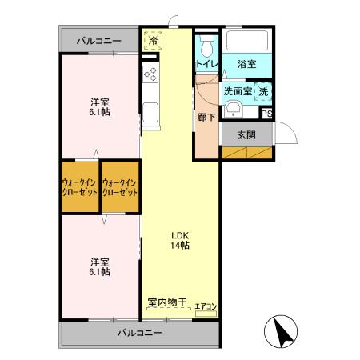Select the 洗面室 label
[x=237, y=91]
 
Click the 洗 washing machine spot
[x=263, y=91]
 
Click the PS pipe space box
[x=267, y=114]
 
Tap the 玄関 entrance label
[x=247, y=134]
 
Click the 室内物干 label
[x=166, y=302]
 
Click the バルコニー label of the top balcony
[x=99, y=40]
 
